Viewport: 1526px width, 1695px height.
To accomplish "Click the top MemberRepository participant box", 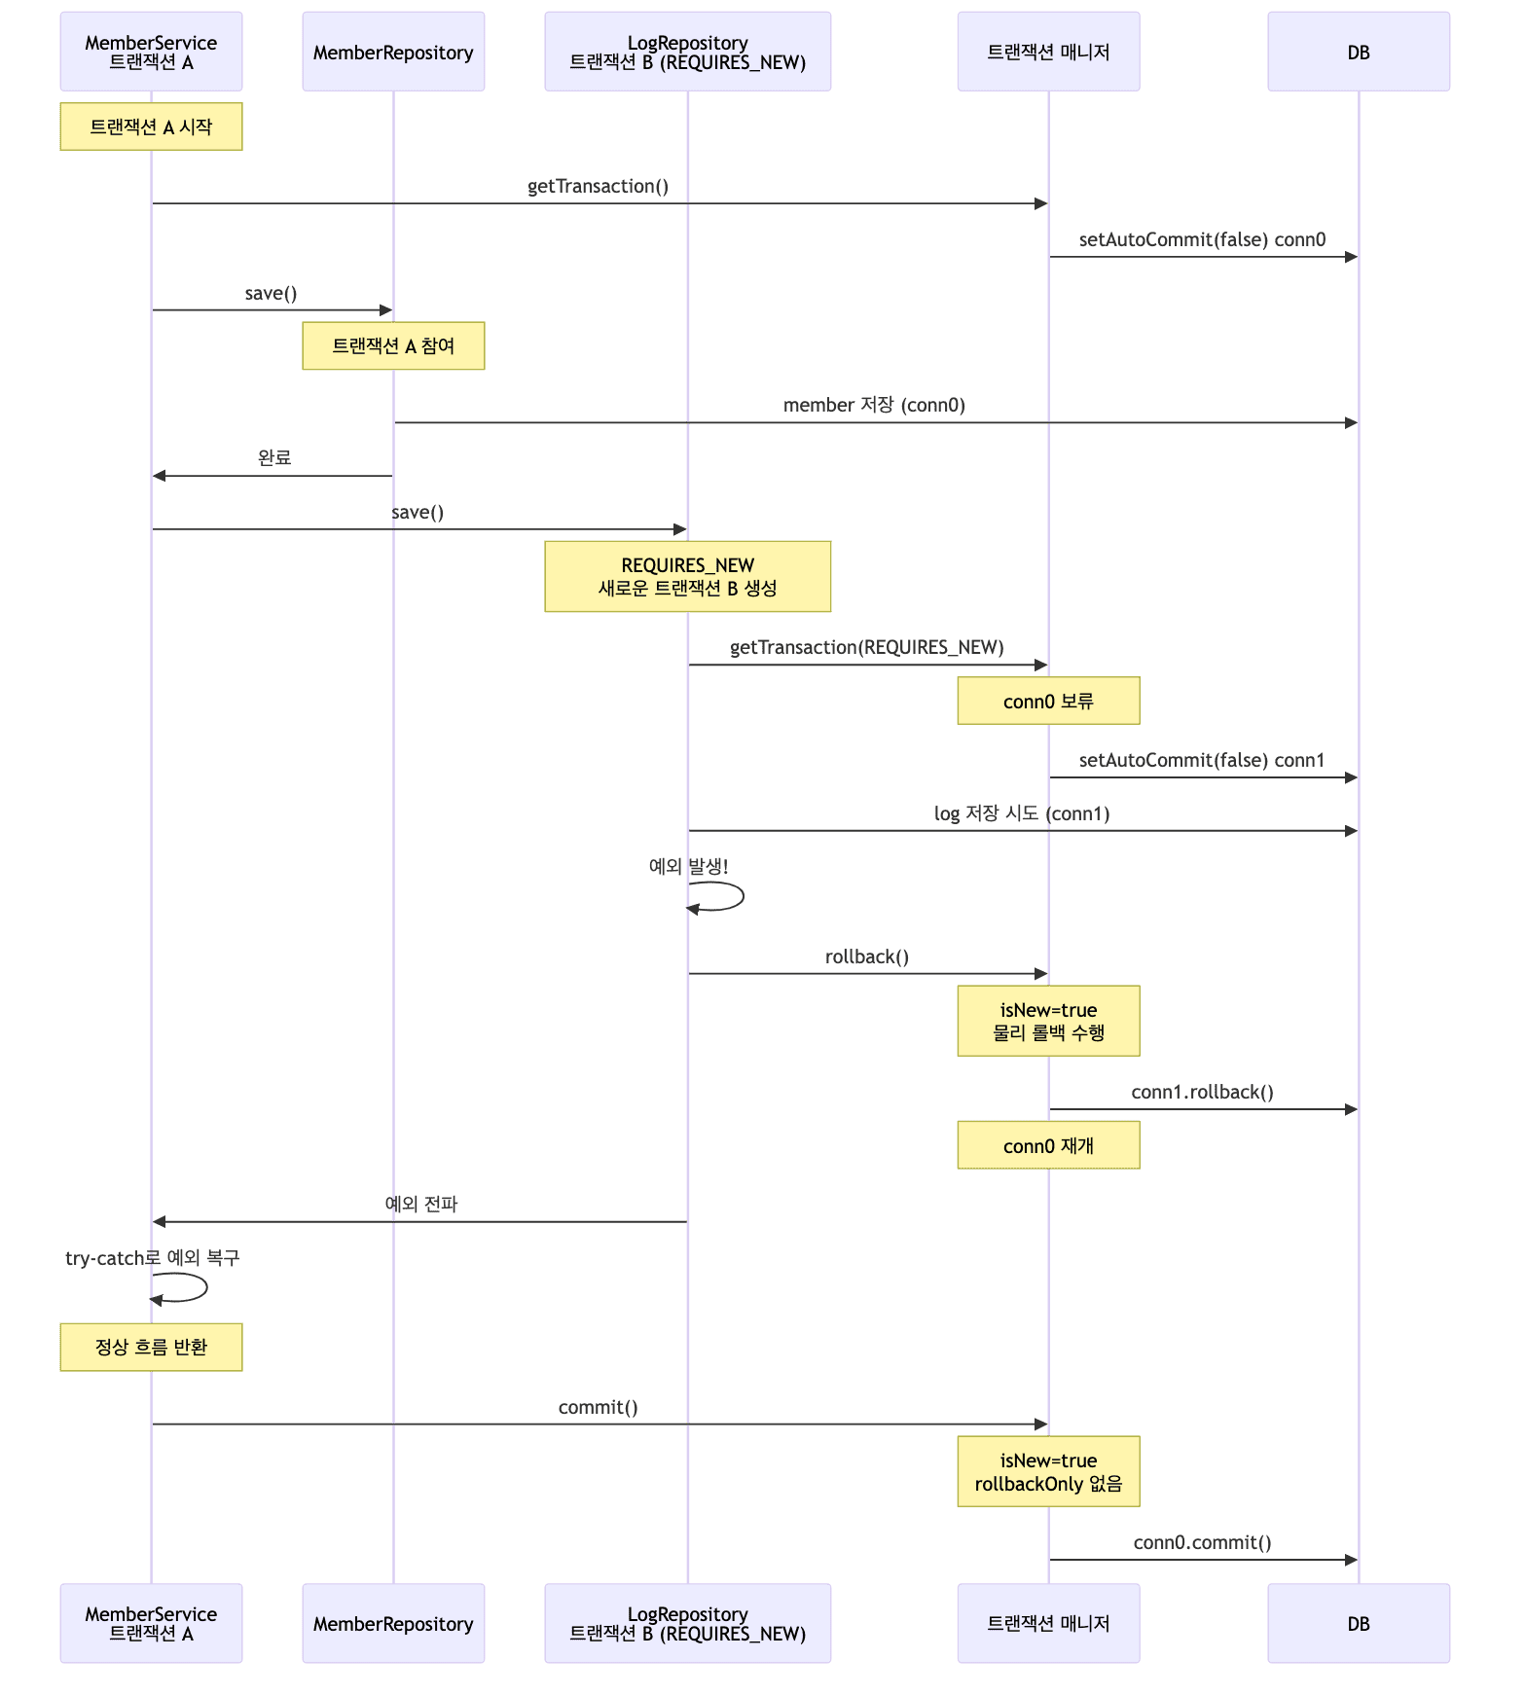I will pyautogui.click(x=393, y=52).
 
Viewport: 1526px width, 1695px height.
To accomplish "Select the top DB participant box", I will pyautogui.click(x=1358, y=52).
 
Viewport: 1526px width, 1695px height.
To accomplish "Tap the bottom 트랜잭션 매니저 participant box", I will pyautogui.click(x=1048, y=1623).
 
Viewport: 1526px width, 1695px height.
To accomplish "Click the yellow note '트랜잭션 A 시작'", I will pyautogui.click(x=151, y=126).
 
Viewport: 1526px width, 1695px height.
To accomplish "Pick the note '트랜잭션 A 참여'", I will pyautogui.click(x=393, y=345).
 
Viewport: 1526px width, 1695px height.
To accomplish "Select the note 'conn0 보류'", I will pyautogui.click(x=1048, y=701).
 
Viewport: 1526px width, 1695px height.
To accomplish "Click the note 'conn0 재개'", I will pyautogui.click(x=1048, y=1145).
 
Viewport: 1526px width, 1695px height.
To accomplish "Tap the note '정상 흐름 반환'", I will pyautogui.click(x=151, y=1347).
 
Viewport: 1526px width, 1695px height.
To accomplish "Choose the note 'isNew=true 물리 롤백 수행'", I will pyautogui.click(x=1048, y=1021).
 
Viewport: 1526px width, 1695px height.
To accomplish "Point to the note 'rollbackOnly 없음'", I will pyautogui.click(x=1048, y=1471).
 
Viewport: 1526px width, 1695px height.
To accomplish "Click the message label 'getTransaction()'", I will pyautogui.click(x=598, y=186).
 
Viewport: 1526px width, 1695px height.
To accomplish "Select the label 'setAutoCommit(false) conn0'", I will pyautogui.click(x=1202, y=239).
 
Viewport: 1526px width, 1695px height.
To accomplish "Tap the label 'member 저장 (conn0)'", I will pyautogui.click(x=874, y=405).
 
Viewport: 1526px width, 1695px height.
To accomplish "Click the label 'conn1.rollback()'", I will pyautogui.click(x=1202, y=1092).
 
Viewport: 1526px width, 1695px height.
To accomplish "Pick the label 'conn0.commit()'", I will pyautogui.click(x=1202, y=1542).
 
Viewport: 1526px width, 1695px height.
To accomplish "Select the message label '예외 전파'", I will pyautogui.click(x=420, y=1204).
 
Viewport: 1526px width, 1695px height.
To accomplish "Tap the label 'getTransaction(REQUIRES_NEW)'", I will pyautogui.click(x=866, y=647).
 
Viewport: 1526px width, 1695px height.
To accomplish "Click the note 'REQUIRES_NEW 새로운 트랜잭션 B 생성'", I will pyautogui.click(x=687, y=576).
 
